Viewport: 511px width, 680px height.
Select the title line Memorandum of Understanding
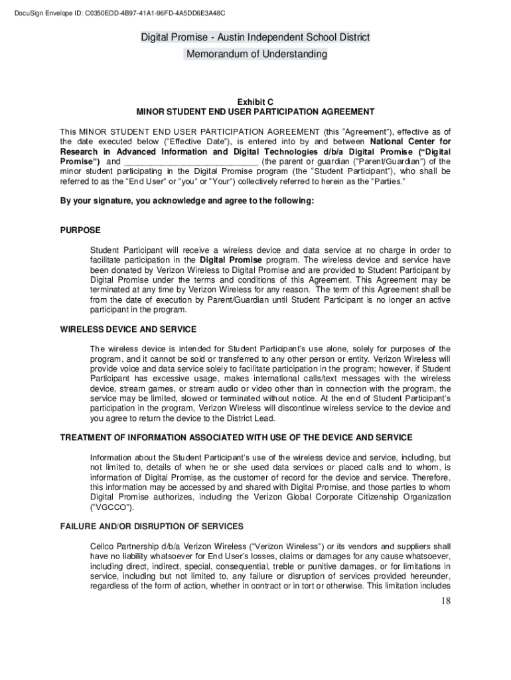tap(256, 54)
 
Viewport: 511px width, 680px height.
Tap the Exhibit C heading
tap(256, 102)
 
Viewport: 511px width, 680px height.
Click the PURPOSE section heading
tap(80, 230)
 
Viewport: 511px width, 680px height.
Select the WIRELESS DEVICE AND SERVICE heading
tap(128, 329)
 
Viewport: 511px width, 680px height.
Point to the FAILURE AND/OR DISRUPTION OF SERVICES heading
tap(151, 527)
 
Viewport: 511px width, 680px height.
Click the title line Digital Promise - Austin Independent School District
tap(256, 37)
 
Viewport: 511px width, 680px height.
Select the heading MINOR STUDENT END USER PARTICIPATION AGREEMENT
tap(256, 112)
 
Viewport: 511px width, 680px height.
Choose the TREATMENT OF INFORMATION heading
tap(236, 438)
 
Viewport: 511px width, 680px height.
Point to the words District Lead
tap(250, 418)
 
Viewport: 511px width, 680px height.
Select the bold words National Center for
tap(410, 141)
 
